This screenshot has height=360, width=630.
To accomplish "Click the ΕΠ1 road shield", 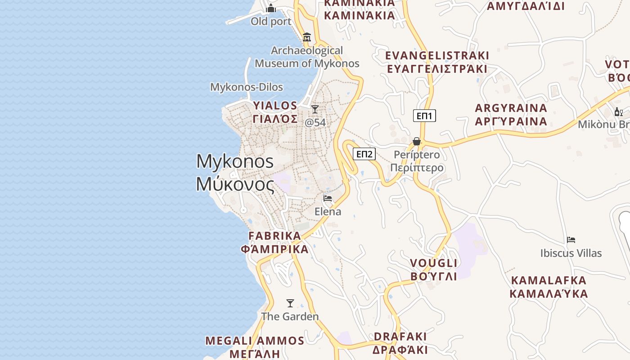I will [424, 116].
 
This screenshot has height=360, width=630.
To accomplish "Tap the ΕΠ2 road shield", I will [364, 154].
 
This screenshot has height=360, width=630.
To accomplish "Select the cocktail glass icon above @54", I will [315, 109].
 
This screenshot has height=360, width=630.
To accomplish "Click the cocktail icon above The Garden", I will [290, 303].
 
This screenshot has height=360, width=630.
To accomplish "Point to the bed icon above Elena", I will [328, 198].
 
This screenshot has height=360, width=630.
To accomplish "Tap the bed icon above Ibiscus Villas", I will [571, 240].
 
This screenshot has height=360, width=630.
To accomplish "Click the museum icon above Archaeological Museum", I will [307, 37].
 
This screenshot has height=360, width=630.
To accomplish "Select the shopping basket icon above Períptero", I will [417, 141].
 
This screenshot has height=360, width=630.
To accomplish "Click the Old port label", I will [271, 21].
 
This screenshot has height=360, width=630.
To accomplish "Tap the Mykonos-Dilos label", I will [247, 87].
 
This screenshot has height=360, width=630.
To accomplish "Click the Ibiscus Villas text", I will [571, 253].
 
